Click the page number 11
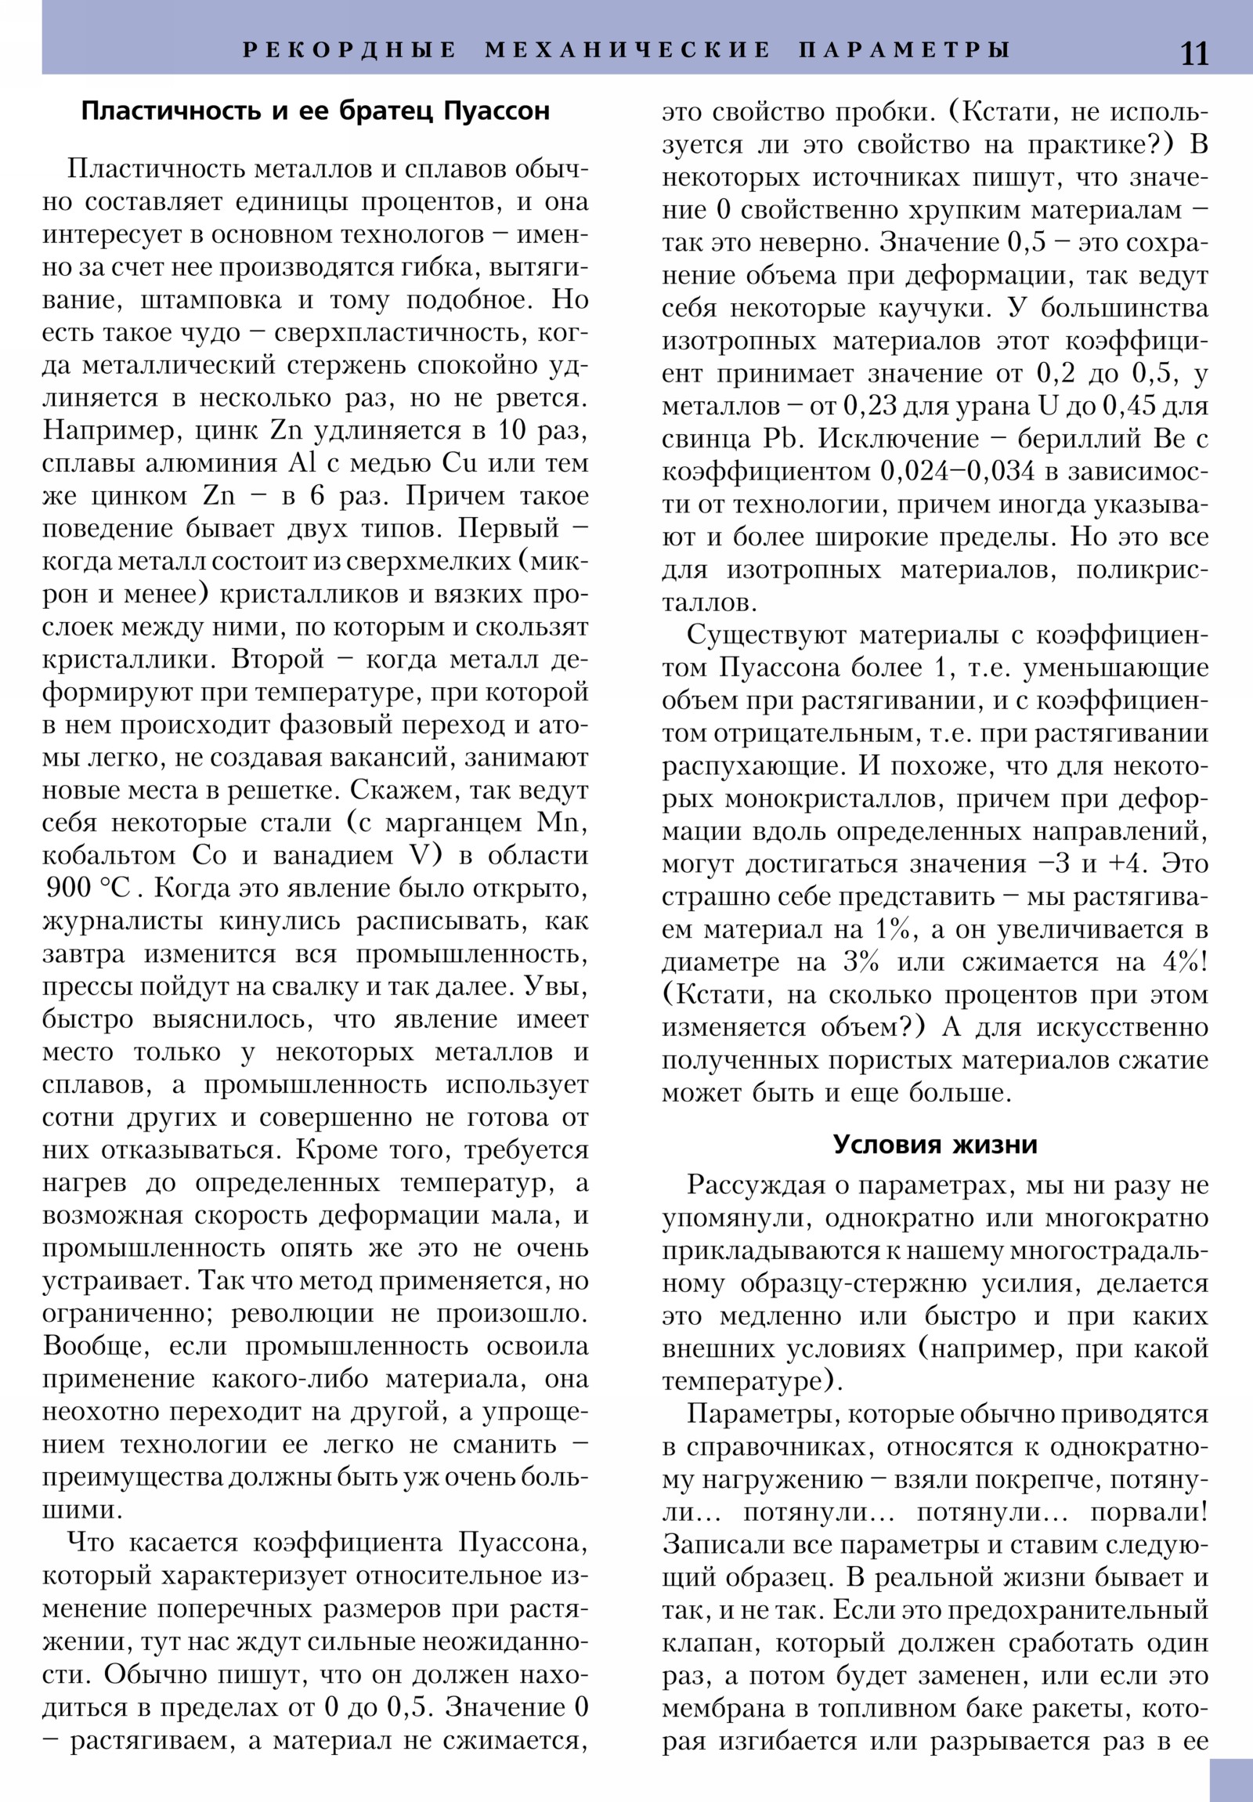point(1194,53)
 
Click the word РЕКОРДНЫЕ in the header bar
point(349,50)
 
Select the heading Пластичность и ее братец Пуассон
point(315,110)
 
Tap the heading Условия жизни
point(934,1145)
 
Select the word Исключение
point(899,439)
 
